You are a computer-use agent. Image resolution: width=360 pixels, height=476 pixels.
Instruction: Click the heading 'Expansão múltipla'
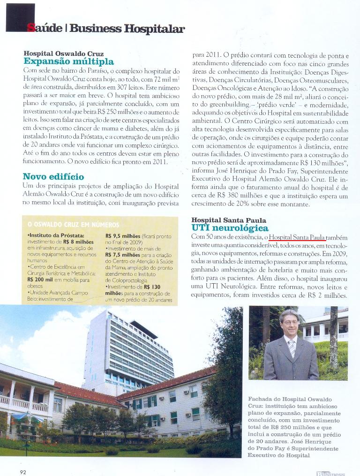coord(68,61)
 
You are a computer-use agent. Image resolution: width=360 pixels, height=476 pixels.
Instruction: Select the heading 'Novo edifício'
coord(53,176)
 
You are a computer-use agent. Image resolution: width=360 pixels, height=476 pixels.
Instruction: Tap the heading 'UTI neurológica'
coord(230,228)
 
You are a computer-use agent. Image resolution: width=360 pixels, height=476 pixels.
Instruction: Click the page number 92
coord(23,472)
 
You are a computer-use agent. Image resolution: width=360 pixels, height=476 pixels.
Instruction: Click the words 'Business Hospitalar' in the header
coord(127,29)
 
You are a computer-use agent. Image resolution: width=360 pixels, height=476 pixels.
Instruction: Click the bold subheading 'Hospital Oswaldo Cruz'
coord(63,53)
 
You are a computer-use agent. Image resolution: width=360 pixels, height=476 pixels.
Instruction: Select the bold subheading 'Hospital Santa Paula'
coord(229,220)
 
